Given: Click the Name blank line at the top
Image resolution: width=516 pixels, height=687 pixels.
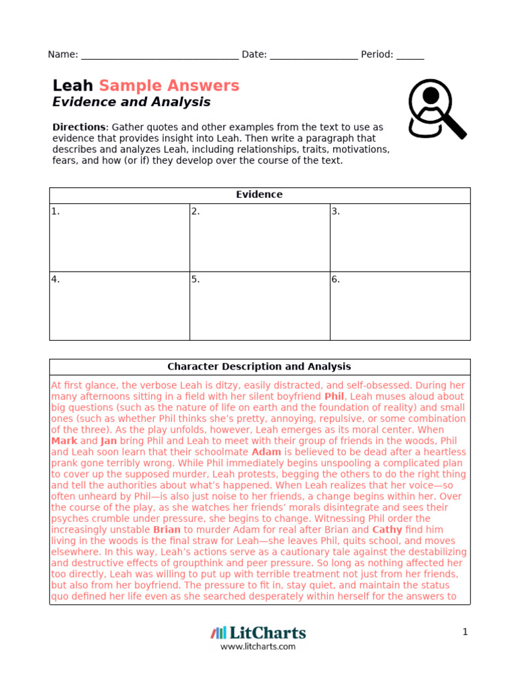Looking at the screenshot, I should (x=159, y=56).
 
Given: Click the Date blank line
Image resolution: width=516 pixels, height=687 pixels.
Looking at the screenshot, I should (x=314, y=56).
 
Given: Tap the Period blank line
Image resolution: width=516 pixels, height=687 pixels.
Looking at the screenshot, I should (x=410, y=56).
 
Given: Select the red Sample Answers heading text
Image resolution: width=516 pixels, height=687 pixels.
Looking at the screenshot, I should (x=169, y=86).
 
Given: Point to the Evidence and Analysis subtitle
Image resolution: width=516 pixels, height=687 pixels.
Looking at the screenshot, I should (x=132, y=102).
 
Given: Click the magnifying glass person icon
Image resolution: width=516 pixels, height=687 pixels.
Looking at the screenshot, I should (x=436, y=109).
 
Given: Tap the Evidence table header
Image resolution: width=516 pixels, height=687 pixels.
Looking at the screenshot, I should (x=259, y=195).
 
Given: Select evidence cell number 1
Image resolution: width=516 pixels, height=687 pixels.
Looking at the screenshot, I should (x=120, y=237).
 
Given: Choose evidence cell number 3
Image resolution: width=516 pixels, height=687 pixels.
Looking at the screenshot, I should (x=400, y=237).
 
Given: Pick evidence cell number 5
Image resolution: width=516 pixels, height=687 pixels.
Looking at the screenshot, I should (x=259, y=305).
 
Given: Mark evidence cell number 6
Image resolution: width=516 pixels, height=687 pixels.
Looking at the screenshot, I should (x=400, y=305).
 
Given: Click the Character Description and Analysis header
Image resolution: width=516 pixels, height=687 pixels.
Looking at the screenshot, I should (x=259, y=367).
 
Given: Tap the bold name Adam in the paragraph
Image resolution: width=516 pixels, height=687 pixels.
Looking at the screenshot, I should (x=266, y=452).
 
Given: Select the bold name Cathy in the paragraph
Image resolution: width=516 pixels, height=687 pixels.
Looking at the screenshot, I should (x=386, y=529).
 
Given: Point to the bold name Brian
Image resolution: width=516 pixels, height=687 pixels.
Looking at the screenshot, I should (x=167, y=529).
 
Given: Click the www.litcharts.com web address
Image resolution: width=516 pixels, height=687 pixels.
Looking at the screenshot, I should (x=258, y=647).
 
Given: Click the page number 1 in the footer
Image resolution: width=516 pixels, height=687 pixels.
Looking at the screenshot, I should (x=464, y=632).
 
